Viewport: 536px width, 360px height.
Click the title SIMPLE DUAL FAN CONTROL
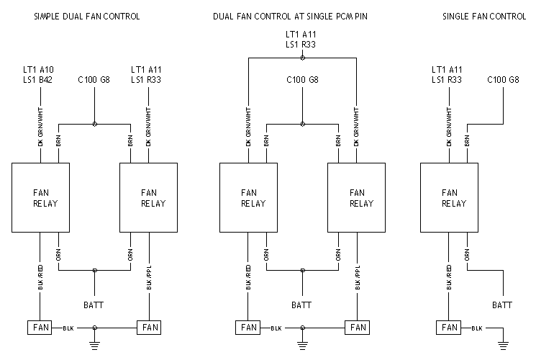[86, 16]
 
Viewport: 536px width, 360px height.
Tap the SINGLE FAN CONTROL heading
[483, 16]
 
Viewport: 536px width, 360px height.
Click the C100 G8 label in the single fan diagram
[503, 79]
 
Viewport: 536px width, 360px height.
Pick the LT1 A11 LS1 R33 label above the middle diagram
[301, 40]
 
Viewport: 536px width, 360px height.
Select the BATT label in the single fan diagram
[502, 305]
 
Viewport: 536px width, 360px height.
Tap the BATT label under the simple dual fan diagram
[94, 305]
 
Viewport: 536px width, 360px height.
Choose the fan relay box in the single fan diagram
[450, 197]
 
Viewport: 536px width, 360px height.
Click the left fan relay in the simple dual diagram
[40, 197]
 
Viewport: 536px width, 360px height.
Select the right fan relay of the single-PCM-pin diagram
[357, 197]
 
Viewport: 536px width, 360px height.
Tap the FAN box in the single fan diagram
[450, 328]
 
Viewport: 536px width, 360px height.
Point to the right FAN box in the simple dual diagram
[149, 328]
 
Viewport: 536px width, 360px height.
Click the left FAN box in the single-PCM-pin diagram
[248, 328]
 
